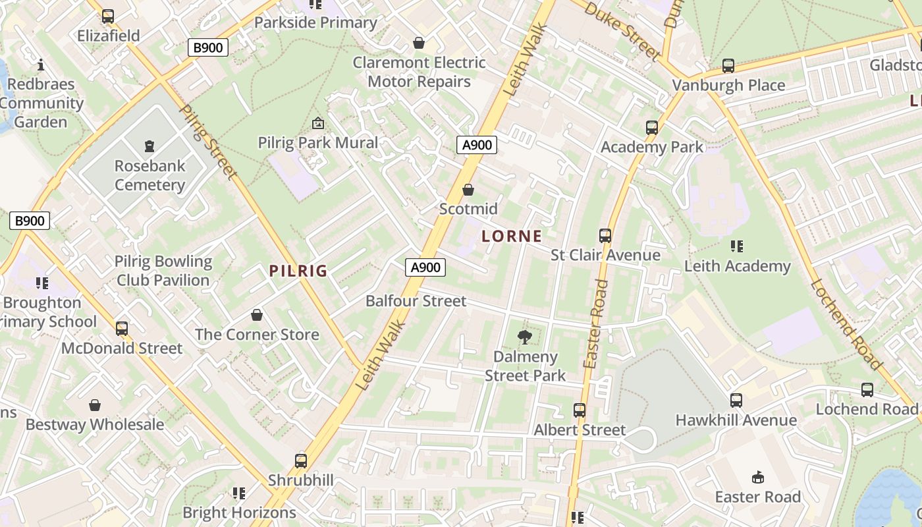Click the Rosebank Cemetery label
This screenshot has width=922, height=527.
[150, 175]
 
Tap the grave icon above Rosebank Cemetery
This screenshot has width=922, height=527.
[149, 146]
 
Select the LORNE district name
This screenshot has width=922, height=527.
[512, 236]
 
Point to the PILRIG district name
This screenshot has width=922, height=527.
[298, 271]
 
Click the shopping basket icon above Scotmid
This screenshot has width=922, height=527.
[468, 190]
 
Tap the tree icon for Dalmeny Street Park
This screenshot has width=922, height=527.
[525, 338]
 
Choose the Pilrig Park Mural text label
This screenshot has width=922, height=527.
[318, 142]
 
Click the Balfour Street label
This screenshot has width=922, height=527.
[416, 301]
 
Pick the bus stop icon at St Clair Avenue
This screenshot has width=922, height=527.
[605, 235]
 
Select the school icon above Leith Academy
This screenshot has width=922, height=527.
[737, 246]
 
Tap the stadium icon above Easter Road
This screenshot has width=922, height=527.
[758, 478]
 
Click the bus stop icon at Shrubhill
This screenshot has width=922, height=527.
[301, 461]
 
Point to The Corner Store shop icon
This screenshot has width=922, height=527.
[257, 316]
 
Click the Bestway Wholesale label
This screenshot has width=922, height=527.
[95, 424]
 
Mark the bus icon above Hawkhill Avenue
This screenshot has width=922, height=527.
[736, 401]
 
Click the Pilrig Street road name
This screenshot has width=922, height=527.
[207, 142]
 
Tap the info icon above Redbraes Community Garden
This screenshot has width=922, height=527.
[41, 65]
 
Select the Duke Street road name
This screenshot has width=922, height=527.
[622, 30]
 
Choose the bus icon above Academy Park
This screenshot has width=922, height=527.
[652, 128]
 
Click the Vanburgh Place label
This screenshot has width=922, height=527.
[728, 85]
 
